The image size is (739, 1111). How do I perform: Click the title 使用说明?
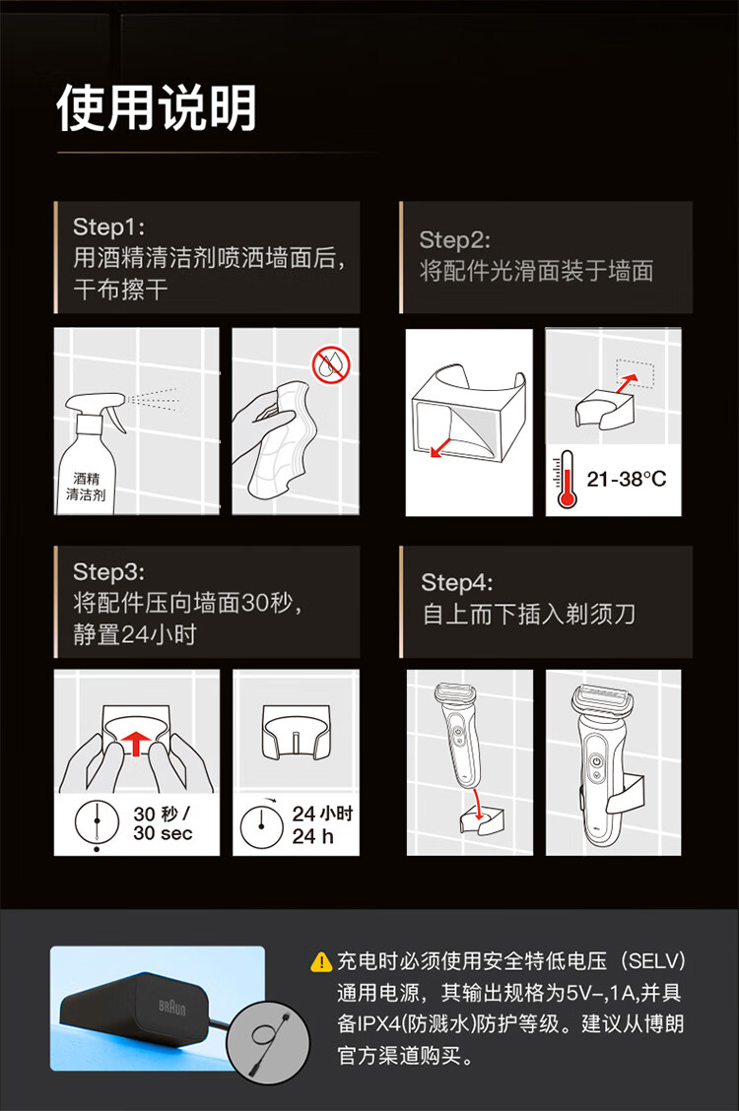tap(156, 107)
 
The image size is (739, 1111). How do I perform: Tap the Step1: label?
tap(108, 227)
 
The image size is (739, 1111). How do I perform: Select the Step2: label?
tap(454, 239)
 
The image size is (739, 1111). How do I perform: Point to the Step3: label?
tap(108, 571)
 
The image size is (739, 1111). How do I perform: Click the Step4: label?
tap(457, 582)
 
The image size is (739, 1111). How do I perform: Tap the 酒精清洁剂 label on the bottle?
tap(86, 487)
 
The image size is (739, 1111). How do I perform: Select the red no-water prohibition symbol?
tap(332, 364)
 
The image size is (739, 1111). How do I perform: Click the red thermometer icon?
tap(567, 480)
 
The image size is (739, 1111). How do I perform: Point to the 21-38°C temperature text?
tap(627, 479)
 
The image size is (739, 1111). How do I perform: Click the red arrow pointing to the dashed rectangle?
tap(627, 383)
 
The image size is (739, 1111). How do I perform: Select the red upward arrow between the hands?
tap(135, 744)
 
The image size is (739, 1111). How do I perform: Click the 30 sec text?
tap(163, 833)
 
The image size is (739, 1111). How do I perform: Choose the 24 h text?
tap(312, 836)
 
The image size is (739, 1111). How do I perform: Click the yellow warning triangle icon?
tap(321, 961)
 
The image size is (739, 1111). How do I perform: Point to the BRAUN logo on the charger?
tap(172, 1007)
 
